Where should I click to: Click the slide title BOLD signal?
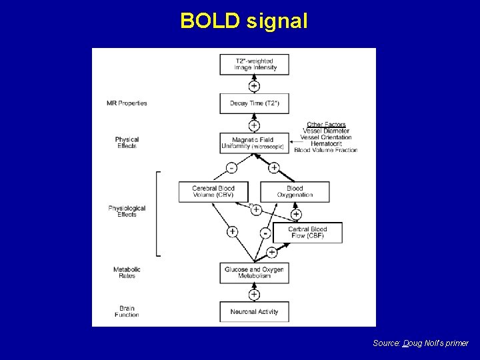244,21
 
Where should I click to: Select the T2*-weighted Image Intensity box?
254,65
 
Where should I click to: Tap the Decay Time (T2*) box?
254,103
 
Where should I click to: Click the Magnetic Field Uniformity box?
254,143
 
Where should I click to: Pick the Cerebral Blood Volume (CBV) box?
213,191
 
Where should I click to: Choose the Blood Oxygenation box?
295,191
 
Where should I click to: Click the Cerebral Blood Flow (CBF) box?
307,233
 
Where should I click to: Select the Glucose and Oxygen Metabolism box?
254,273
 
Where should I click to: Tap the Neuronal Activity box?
254,312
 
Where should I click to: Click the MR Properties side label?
127,103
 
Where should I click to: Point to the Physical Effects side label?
127,143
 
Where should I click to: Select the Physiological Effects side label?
127,211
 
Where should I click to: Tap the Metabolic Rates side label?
127,273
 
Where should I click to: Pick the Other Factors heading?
326,125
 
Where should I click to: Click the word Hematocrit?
326,143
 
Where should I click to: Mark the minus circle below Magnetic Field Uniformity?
231,167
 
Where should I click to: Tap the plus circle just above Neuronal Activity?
254,294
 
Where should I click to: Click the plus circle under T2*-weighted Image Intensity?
254,86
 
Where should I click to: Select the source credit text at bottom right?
421,343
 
